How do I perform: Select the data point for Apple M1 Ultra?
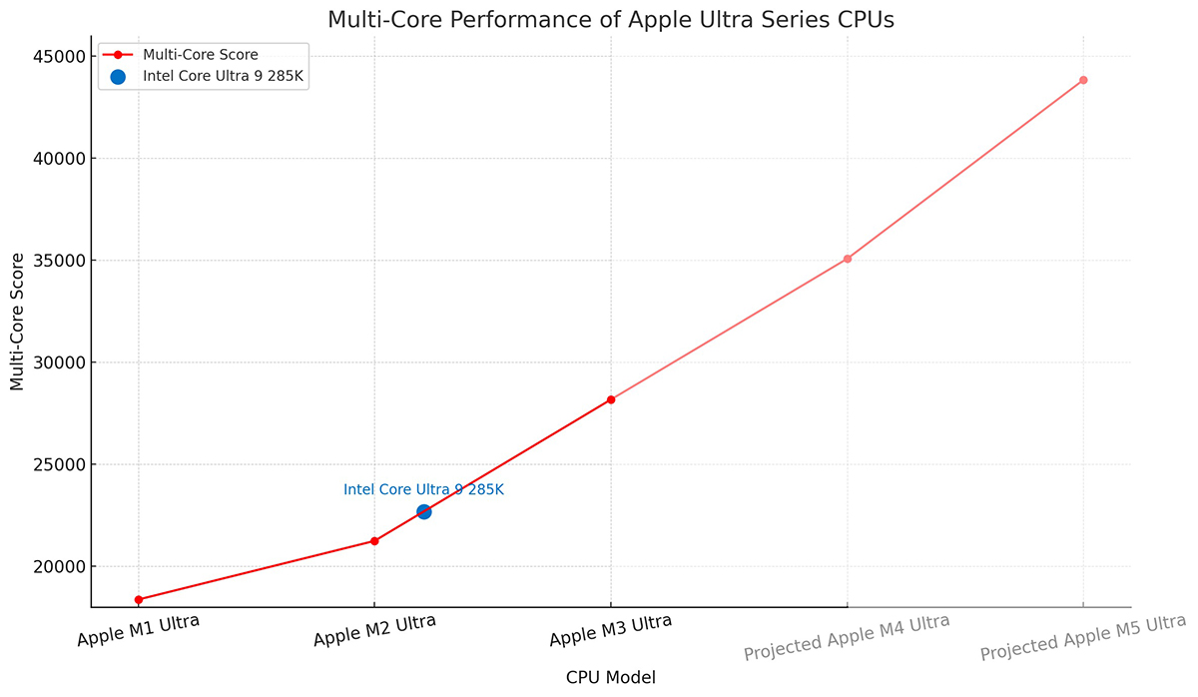pyautogui.click(x=138, y=599)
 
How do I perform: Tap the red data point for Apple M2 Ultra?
pyautogui.click(x=374, y=541)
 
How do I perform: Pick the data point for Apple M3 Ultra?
pyautogui.click(x=611, y=399)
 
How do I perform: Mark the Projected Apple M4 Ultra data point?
pyautogui.click(x=848, y=259)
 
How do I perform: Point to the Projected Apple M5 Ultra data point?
pyautogui.click(x=1083, y=80)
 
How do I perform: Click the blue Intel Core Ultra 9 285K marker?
pyautogui.click(x=424, y=511)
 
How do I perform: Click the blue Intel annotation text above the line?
pyautogui.click(x=423, y=490)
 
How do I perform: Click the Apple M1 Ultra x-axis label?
pyautogui.click(x=138, y=631)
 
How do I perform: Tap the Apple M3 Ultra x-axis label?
pyautogui.click(x=610, y=631)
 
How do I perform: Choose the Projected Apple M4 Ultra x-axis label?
pyautogui.click(x=847, y=637)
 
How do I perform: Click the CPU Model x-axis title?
pyautogui.click(x=610, y=678)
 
